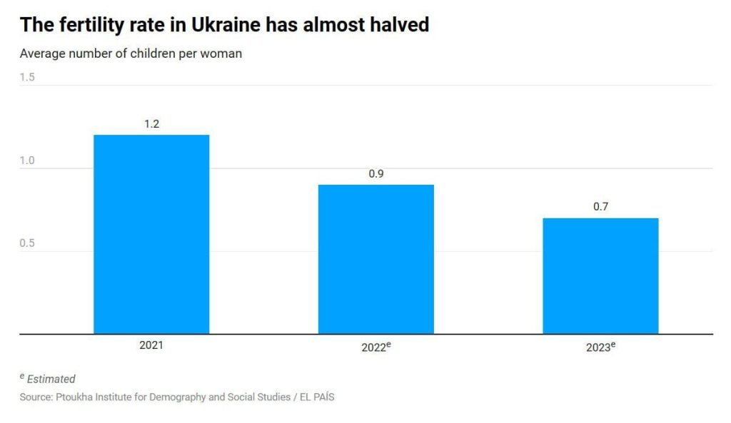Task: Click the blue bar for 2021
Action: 151,234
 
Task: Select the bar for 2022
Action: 375,259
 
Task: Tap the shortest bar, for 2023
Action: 600,275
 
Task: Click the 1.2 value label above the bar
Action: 151,124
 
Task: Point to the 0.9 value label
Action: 376,174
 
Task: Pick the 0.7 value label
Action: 600,207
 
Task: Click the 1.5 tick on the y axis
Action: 27,77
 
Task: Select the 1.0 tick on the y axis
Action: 27,160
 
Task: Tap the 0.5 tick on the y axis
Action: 27,243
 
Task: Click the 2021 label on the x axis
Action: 151,345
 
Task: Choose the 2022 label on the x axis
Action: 374,347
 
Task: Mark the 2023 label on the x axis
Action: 598,347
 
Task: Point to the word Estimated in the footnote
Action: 51,379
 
